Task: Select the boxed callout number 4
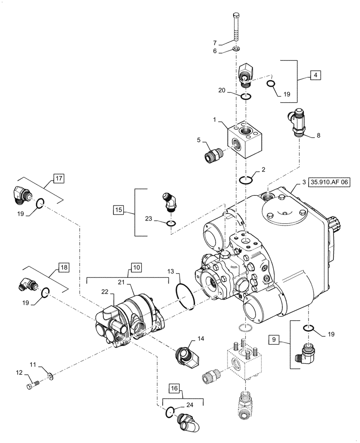315,75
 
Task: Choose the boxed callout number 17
59,179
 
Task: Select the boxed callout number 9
275,339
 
